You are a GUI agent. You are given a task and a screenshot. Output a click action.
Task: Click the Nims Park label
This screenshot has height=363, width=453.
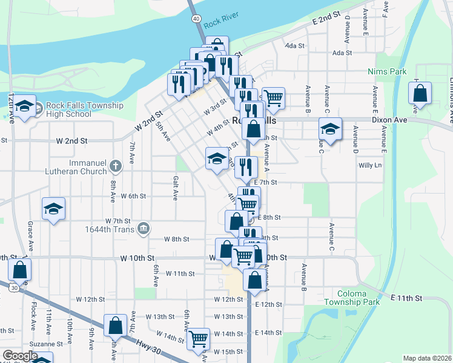coord(387,71)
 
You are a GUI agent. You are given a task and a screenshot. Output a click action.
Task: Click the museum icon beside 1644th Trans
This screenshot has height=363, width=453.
coord(143,228)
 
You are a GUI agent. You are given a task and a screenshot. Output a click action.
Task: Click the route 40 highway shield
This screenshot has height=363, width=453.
coord(196,19)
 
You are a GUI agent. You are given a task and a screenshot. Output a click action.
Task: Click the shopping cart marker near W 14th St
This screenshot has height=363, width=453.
coord(198,338)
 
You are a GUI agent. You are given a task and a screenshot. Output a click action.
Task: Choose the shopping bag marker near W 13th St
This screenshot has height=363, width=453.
coord(115,325)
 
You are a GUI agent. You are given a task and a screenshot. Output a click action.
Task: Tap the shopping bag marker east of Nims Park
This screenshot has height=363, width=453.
coord(420,93)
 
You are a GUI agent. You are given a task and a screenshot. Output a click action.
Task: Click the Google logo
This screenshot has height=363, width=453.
coord(19,355)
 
